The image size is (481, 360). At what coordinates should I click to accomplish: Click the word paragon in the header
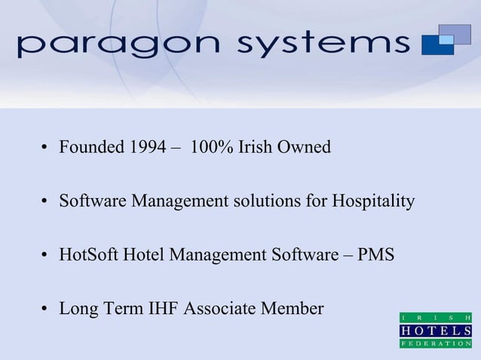coord(120,45)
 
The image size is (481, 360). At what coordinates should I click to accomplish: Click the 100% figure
coord(212,147)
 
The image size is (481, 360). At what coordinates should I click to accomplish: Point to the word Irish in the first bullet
coord(256,147)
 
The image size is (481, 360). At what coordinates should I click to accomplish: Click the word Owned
coord(305,147)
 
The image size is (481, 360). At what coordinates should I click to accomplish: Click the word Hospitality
coord(373,201)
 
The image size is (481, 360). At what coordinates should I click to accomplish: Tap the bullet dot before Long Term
coord(45,310)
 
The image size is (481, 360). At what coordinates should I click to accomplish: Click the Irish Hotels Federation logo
coord(436,329)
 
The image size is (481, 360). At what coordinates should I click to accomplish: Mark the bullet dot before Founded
coord(45,148)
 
